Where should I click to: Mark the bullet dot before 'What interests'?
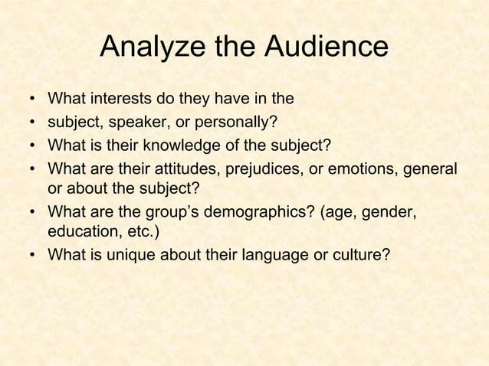click(34, 100)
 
